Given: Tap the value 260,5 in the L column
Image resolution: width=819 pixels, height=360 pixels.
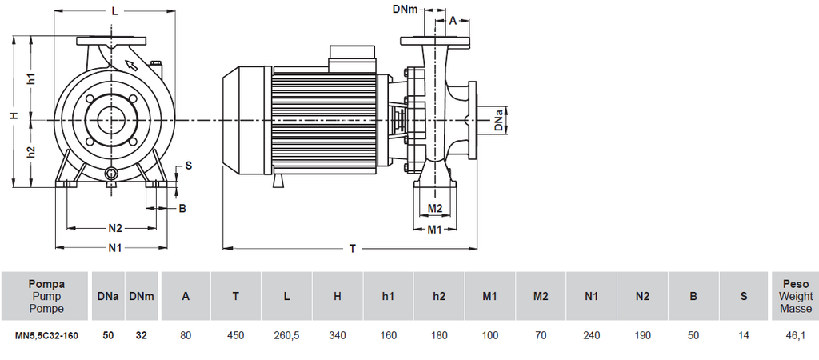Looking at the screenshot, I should tap(286, 337).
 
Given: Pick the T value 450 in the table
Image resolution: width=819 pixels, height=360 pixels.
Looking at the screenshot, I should tap(235, 337).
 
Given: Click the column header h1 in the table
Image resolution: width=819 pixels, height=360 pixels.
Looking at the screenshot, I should tap(388, 296).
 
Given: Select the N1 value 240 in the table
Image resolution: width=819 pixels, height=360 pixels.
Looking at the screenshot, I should tap(592, 337).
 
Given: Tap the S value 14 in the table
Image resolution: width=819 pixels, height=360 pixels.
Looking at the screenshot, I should tap(744, 337).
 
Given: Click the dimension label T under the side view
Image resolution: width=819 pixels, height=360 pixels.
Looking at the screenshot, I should tap(352, 249).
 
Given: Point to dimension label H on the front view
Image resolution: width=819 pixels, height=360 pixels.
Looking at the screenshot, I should tap(14, 116).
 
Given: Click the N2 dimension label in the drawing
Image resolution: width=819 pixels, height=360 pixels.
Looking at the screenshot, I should tap(115, 228).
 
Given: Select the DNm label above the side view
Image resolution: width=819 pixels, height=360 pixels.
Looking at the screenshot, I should tap(405, 9).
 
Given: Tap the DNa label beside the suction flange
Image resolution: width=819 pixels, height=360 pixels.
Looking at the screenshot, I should tap(499, 121).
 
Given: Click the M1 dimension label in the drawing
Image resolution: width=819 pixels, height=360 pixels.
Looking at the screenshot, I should tap(434, 230).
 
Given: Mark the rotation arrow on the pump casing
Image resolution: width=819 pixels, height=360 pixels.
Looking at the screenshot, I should tap(128, 63).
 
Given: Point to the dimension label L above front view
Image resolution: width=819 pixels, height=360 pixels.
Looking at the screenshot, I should tap(115, 11).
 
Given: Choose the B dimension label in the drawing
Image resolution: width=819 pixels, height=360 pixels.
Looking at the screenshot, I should tap(182, 208).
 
